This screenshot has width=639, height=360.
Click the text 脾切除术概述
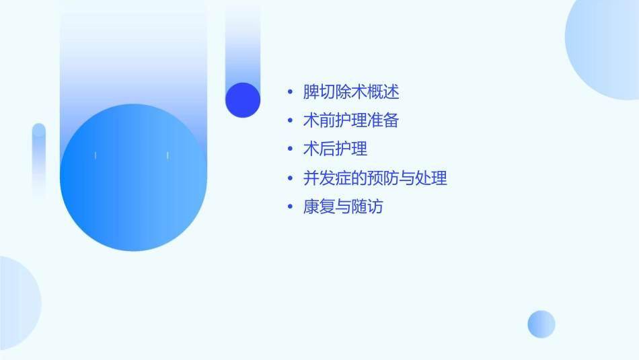(351, 92)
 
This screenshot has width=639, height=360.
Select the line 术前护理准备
(351, 121)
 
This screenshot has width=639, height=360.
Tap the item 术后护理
(335, 149)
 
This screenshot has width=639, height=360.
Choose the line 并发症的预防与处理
(375, 178)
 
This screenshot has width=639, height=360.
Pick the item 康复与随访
(343, 207)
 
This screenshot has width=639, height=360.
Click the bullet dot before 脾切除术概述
(289, 93)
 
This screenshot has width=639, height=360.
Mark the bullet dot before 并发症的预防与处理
(289, 179)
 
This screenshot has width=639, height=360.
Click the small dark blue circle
(243, 100)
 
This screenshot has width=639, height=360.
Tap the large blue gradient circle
(133, 178)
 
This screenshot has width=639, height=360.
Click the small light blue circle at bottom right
(541, 324)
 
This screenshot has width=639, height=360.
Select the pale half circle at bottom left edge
(17, 303)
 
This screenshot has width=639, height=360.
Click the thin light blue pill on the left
(39, 161)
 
